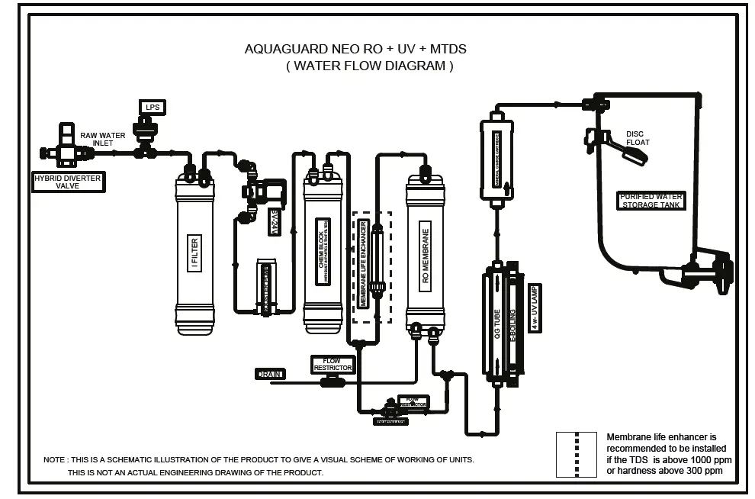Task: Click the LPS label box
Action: [x=152, y=107]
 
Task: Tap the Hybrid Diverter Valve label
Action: [x=67, y=182]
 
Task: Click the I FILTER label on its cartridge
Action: [x=194, y=253]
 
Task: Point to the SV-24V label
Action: [x=275, y=222]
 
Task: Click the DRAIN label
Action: [x=270, y=374]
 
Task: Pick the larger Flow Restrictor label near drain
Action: [x=333, y=365]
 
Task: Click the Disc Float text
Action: [x=638, y=138]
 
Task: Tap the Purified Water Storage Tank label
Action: [x=651, y=201]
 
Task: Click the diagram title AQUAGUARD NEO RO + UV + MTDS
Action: [x=355, y=49]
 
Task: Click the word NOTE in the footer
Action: [x=54, y=459]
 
